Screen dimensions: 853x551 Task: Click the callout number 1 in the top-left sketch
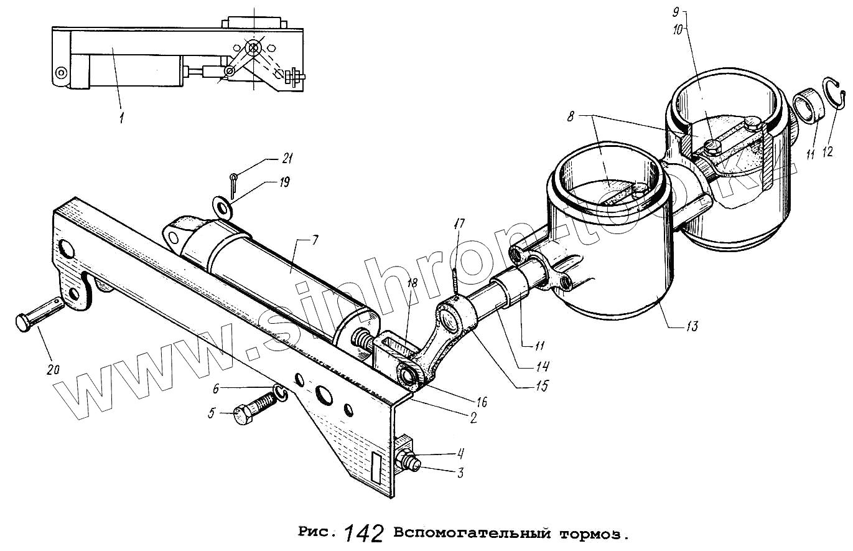[x=121, y=116]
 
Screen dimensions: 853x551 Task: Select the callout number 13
[x=692, y=326]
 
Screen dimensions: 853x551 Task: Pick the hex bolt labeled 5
[x=252, y=408]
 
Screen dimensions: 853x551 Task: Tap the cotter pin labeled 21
[x=233, y=182]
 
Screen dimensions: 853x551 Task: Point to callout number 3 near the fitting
[x=460, y=473]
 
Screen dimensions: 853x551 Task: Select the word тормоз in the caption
[x=590, y=534]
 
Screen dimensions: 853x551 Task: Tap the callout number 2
[x=473, y=418]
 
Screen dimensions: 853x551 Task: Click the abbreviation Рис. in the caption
[x=318, y=532]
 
